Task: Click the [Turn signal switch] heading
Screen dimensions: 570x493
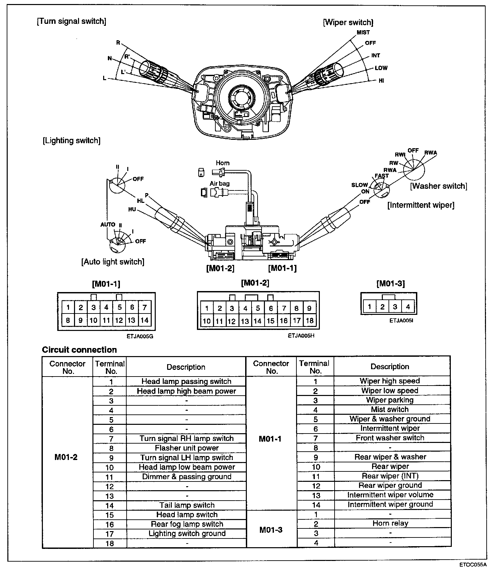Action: point(71,21)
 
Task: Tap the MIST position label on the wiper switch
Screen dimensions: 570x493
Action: point(363,33)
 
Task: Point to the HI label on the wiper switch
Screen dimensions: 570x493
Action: point(381,81)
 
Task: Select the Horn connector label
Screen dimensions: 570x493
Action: point(223,163)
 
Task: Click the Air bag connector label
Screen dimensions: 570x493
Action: point(220,183)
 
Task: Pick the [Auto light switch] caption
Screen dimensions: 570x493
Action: point(113,262)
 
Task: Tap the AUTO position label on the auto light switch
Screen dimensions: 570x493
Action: point(108,224)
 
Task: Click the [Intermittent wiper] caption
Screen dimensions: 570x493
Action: point(421,205)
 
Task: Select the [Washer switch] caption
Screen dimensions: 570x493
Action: point(438,186)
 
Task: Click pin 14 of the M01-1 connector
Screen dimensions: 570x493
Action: point(144,320)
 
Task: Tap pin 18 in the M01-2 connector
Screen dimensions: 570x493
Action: point(309,321)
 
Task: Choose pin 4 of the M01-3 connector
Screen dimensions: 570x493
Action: point(408,306)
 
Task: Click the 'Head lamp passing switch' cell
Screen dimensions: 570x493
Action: point(186,382)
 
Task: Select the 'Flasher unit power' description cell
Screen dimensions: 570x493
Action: point(187,448)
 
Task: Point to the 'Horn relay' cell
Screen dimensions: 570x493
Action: point(390,523)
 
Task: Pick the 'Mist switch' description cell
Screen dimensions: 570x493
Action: point(390,409)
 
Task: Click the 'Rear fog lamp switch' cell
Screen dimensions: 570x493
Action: point(187,524)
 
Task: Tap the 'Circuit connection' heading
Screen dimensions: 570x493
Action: point(79,350)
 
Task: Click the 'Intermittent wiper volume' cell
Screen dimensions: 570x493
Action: point(390,495)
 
